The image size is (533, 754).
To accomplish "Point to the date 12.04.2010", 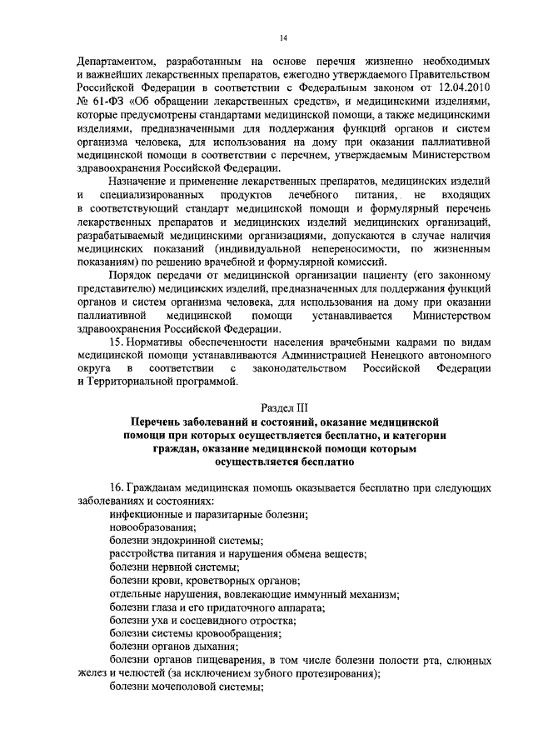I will (x=458, y=86).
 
